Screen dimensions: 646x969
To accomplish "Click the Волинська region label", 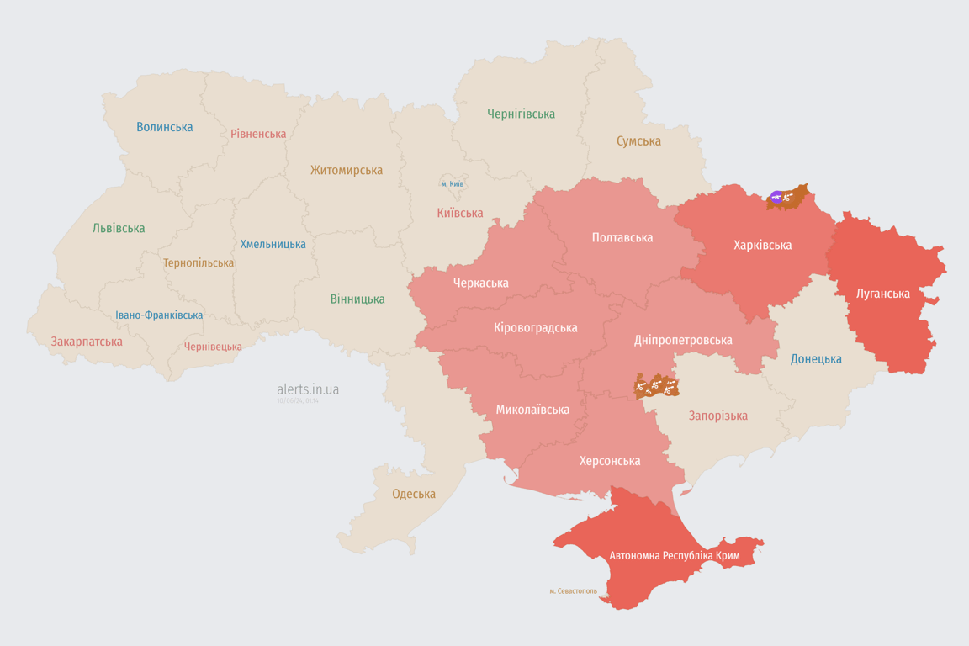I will click(x=165, y=127).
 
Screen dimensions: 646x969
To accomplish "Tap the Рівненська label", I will click(x=258, y=134).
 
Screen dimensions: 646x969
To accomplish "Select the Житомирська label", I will click(x=347, y=170).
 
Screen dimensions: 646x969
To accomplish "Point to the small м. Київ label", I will click(x=453, y=183).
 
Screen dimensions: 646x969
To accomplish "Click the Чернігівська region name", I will click(x=521, y=114).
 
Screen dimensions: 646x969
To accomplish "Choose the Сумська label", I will click(x=638, y=141).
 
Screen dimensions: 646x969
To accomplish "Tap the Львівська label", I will click(x=119, y=228).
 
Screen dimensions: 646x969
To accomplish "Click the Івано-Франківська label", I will click(x=159, y=315).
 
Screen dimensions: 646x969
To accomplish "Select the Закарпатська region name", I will click(x=87, y=342).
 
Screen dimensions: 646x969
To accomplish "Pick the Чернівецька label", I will click(x=213, y=347).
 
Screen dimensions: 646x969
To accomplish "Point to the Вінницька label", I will click(x=357, y=299).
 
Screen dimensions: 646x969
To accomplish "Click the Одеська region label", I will click(x=414, y=494).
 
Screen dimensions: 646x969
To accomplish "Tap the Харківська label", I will click(x=762, y=245).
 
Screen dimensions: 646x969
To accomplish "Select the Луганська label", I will click(x=882, y=294).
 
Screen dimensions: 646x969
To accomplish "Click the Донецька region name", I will click(x=816, y=359).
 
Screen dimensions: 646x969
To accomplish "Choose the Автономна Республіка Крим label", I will click(x=674, y=556).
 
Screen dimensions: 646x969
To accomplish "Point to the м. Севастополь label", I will click(x=573, y=591).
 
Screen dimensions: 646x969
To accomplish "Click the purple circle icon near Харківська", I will click(x=776, y=198).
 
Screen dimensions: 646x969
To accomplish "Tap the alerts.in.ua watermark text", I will click(x=308, y=389).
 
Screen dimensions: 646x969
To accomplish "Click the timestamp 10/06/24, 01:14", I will click(x=298, y=401).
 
